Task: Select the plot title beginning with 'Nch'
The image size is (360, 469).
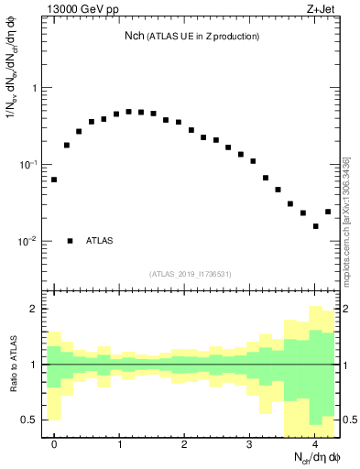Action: pyautogui.click(x=191, y=36)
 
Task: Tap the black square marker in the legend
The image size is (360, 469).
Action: pyautogui.click(x=70, y=241)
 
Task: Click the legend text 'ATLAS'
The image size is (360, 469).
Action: pyautogui.click(x=100, y=241)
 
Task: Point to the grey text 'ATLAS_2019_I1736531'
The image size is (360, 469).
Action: pyautogui.click(x=191, y=274)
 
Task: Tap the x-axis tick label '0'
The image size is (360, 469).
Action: pyautogui.click(x=54, y=444)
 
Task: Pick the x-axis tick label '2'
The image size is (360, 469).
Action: pyautogui.click(x=184, y=444)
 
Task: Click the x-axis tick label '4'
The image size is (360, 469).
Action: pyautogui.click(x=315, y=444)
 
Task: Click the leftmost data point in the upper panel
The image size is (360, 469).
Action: pyautogui.click(x=54, y=180)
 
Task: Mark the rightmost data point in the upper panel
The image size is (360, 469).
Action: pyautogui.click(x=328, y=212)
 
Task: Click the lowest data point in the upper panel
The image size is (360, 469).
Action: pyautogui.click(x=315, y=226)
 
